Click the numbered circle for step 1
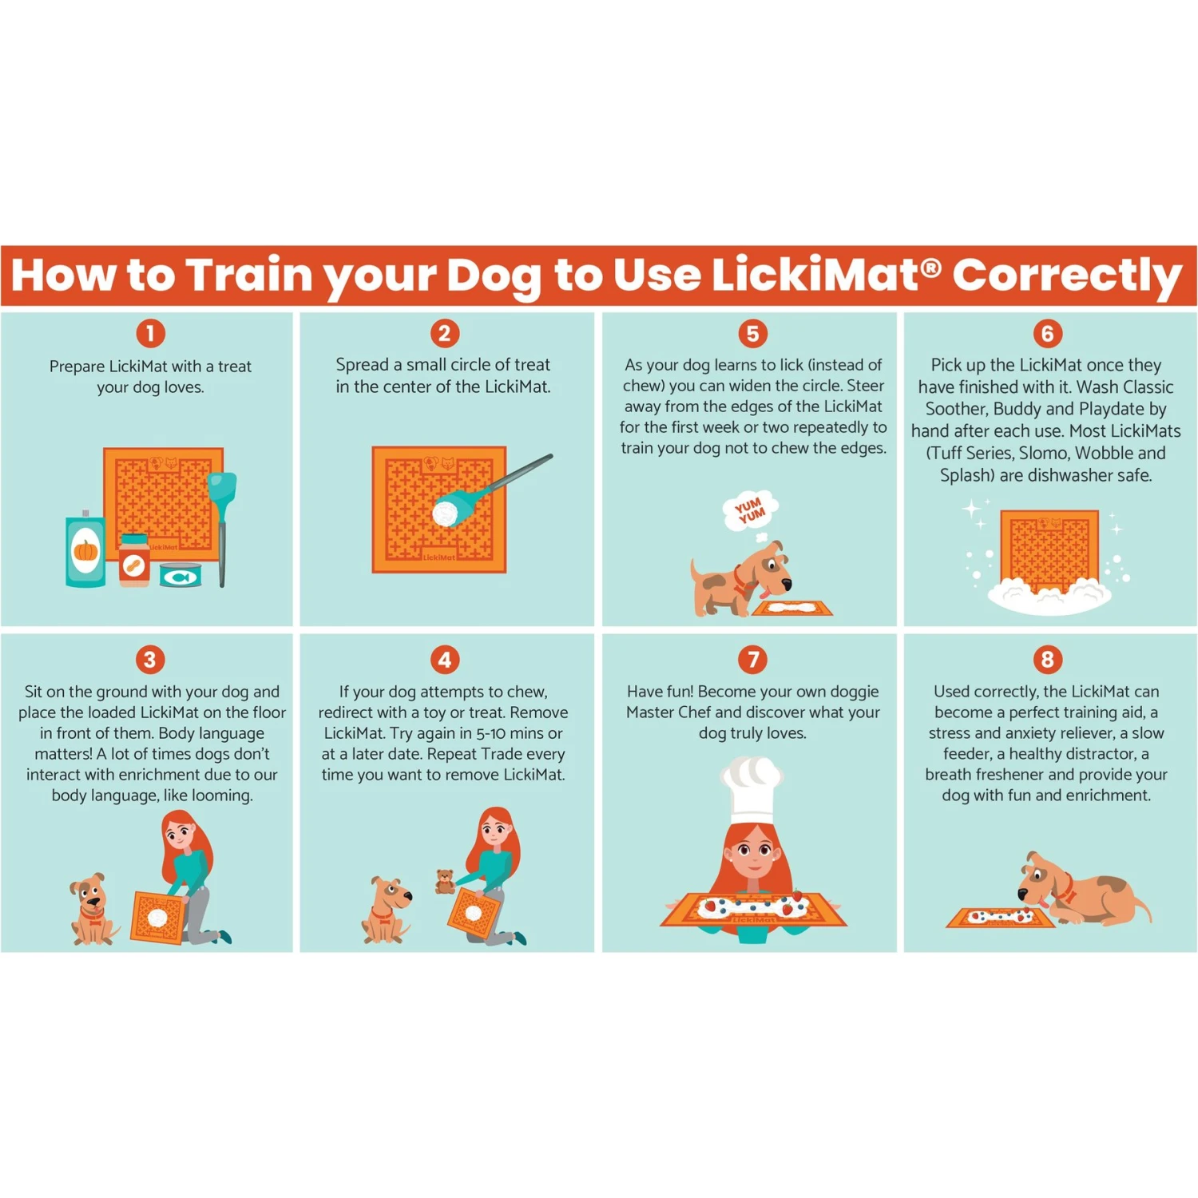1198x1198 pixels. click(x=150, y=333)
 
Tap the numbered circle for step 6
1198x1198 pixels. click(x=1047, y=333)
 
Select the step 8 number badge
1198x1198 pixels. click(x=1047, y=660)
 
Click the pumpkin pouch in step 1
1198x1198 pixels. click(x=85, y=549)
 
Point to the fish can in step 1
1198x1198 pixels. click(x=180, y=575)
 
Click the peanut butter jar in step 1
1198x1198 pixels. click(x=134, y=561)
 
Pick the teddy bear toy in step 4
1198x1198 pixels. click(x=445, y=881)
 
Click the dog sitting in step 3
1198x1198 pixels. click(x=92, y=910)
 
